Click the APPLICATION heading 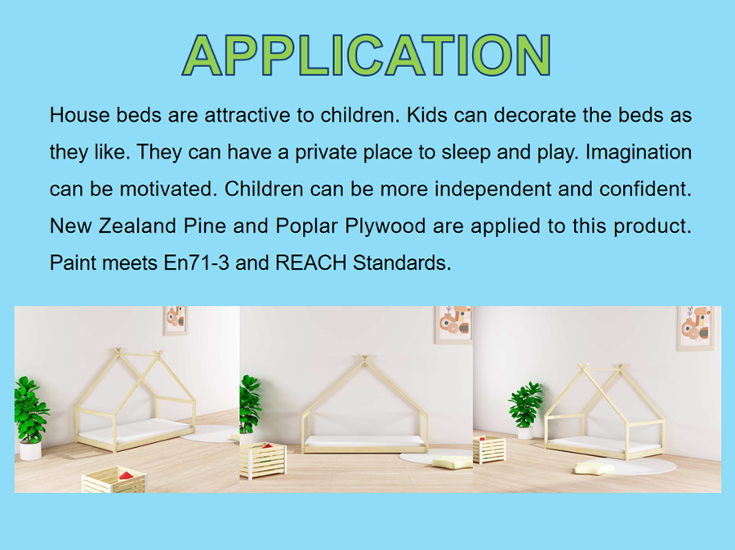[366, 56]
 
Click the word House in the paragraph [80, 115]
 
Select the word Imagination [639, 152]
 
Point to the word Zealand [138, 226]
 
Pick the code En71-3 [196, 262]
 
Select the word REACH [311, 262]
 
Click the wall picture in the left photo [176, 320]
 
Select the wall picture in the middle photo [453, 324]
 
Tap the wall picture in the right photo [696, 329]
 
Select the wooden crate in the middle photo [262, 460]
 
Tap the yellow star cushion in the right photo [594, 468]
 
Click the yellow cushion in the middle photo [452, 462]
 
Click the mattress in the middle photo [364, 441]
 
